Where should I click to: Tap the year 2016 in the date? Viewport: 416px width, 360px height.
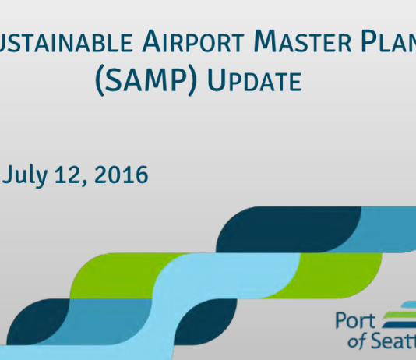click(x=121, y=175)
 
